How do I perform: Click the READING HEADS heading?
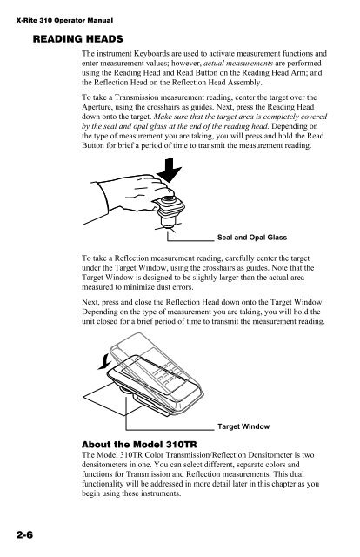[77, 38]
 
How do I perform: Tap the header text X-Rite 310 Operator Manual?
[64, 21]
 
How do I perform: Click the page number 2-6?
[24, 534]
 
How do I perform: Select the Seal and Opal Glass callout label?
[252, 238]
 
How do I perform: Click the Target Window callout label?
[243, 426]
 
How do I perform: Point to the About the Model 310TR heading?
[139, 445]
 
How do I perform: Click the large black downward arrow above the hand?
[170, 171]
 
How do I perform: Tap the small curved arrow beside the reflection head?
[104, 361]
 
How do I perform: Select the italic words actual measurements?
[238, 64]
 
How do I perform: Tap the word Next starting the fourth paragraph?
[90, 302]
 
